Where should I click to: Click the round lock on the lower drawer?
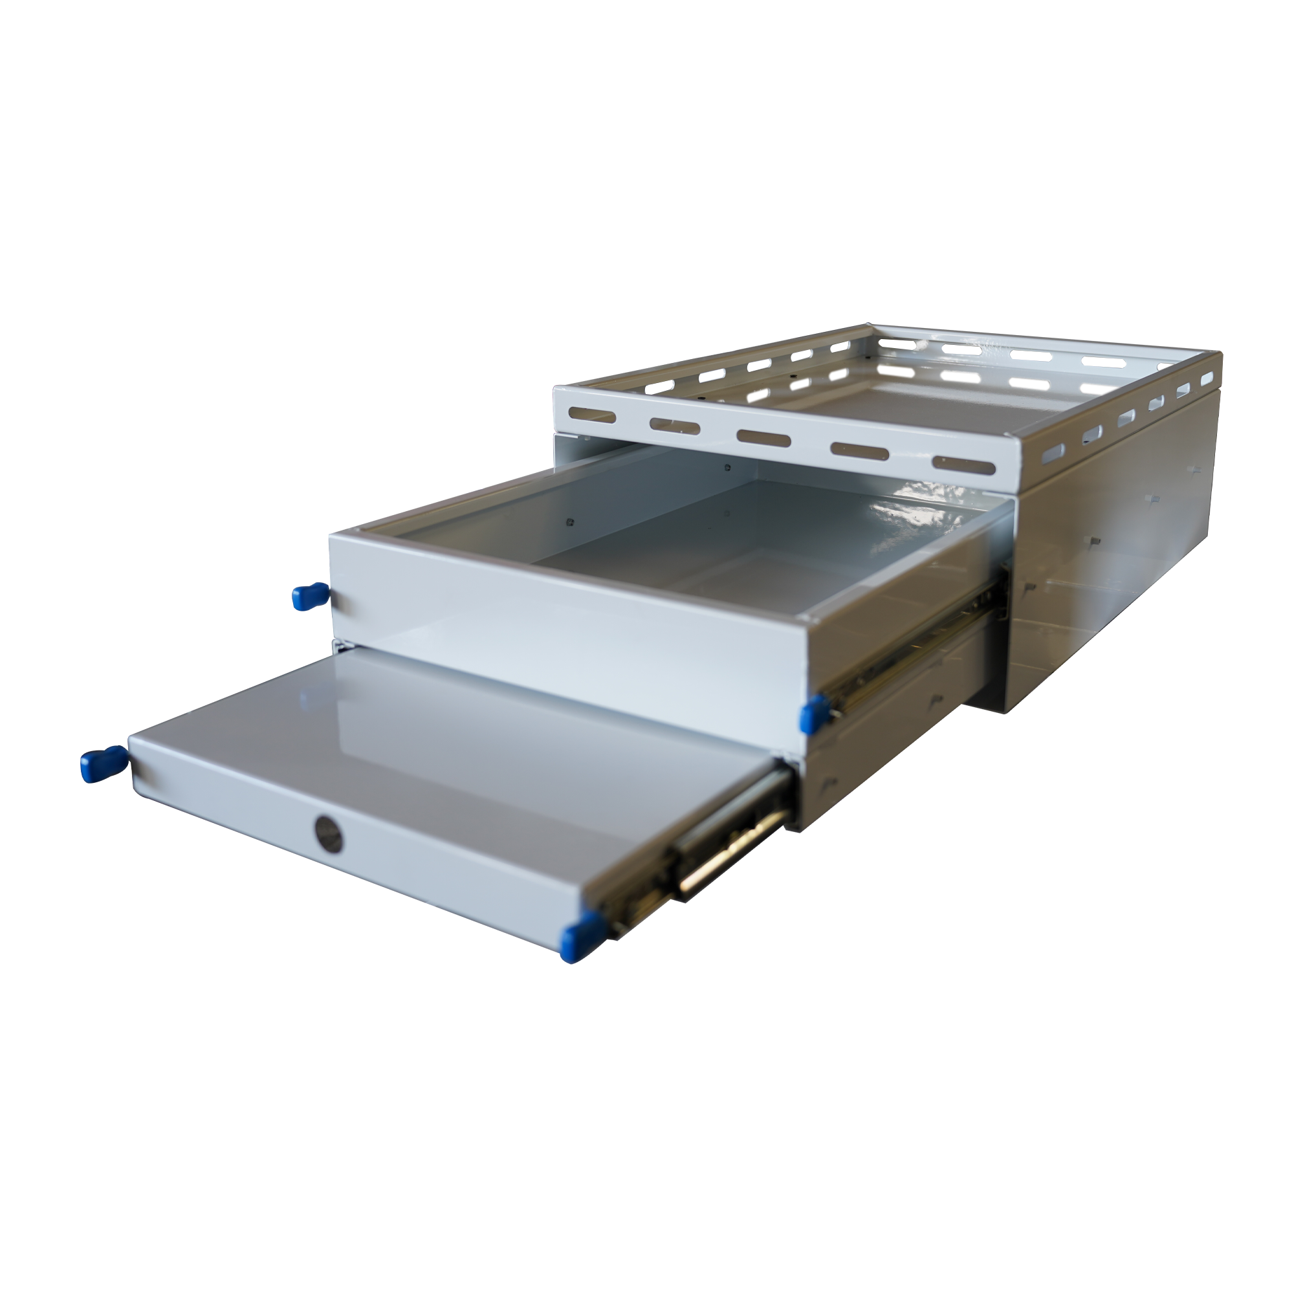click(x=327, y=834)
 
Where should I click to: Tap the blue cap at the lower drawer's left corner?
click(x=103, y=763)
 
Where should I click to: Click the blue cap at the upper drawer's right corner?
click(x=815, y=712)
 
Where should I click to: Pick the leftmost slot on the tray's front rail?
click(x=591, y=415)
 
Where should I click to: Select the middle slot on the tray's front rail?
click(x=763, y=437)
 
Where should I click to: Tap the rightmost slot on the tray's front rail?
click(x=959, y=463)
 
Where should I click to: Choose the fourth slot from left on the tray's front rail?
click(x=859, y=451)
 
